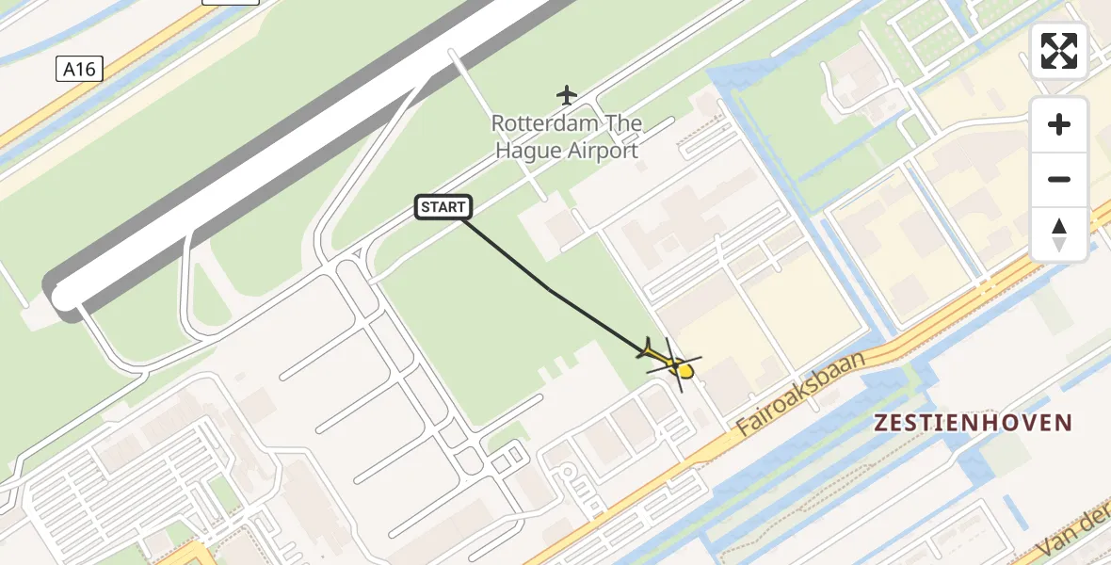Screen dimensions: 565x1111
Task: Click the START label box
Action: click(x=443, y=207)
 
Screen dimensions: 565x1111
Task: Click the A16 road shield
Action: click(x=79, y=69)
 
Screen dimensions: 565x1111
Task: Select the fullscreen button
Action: click(x=1059, y=51)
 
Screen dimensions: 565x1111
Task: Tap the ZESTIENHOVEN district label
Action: click(x=974, y=423)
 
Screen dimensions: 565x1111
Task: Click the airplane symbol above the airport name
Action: click(x=566, y=95)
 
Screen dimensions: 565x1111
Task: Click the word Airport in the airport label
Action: click(x=603, y=151)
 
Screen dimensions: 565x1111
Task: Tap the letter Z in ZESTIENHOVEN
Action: click(x=881, y=423)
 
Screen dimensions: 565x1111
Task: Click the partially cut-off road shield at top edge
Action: click(x=230, y=3)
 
